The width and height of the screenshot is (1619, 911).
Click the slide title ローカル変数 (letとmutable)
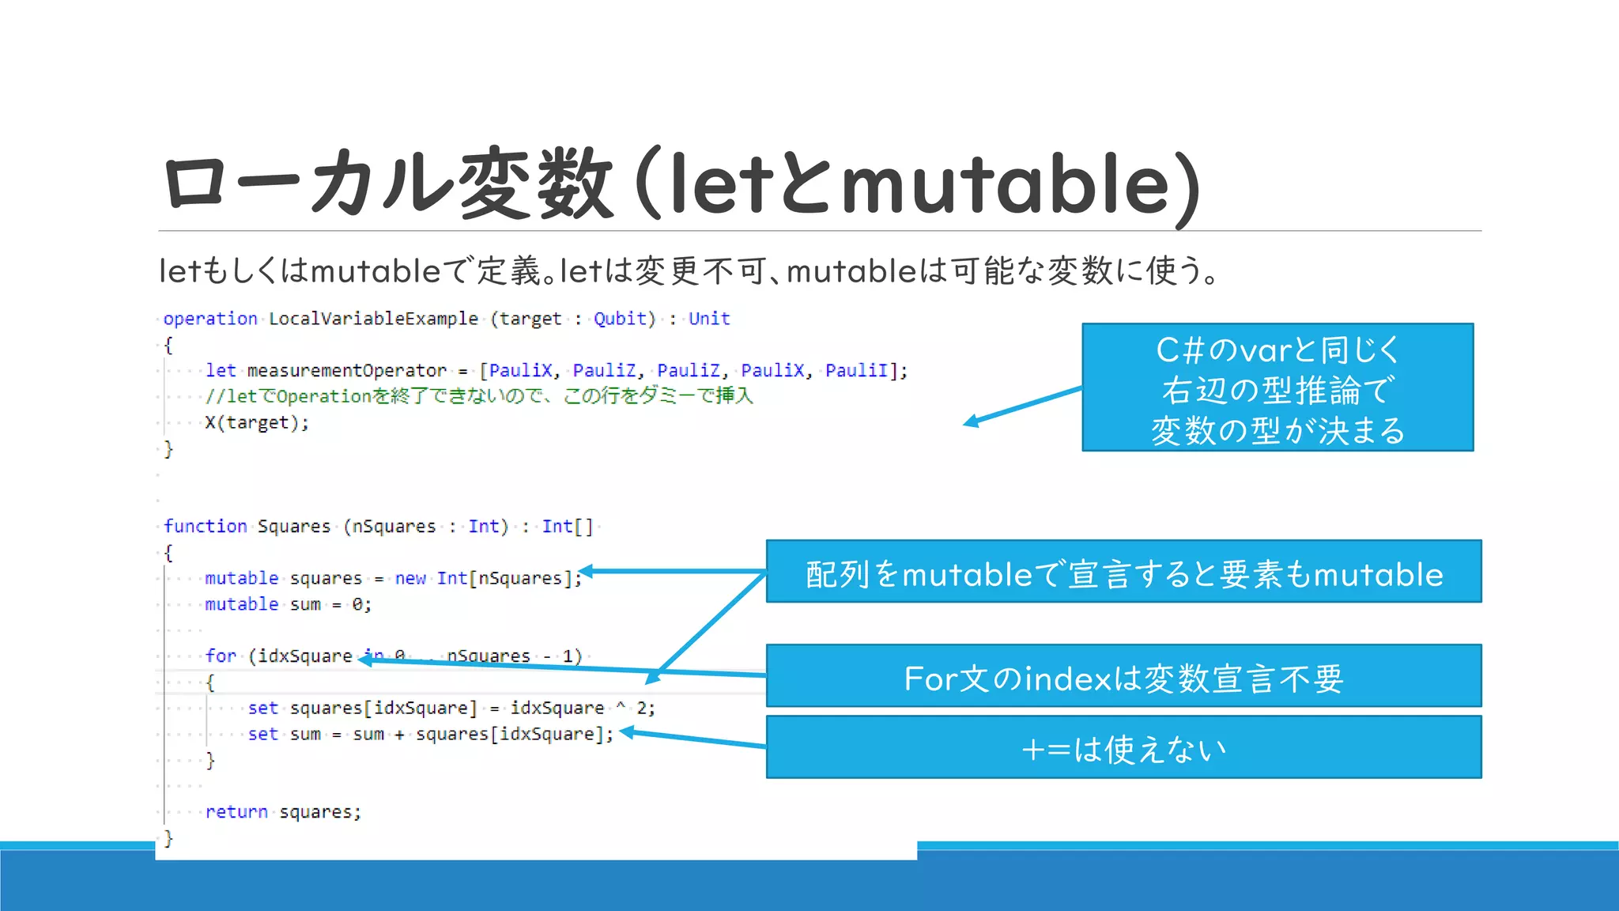coord(680,183)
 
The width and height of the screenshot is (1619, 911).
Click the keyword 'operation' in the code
coord(210,319)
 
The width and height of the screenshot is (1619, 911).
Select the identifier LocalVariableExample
coord(373,319)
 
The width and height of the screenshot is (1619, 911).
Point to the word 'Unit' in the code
coord(709,319)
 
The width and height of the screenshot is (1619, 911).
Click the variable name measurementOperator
coord(347,371)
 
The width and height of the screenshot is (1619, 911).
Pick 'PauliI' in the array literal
coord(856,371)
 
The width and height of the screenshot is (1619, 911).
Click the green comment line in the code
coord(479,396)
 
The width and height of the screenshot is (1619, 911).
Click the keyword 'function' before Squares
coord(206,527)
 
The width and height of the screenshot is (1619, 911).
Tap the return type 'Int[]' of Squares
coord(567,527)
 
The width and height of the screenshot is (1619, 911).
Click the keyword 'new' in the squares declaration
coord(410,579)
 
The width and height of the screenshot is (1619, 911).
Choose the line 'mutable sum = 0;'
coord(288,605)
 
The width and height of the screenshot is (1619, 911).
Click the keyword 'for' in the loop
coord(221,656)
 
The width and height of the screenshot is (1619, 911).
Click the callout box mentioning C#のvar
coord(1277,387)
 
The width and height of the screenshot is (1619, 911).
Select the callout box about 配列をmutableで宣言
coord(1123,572)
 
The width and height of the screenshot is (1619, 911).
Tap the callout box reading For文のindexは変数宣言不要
coord(1123,676)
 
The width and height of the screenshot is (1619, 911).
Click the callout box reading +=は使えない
coord(1123,747)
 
